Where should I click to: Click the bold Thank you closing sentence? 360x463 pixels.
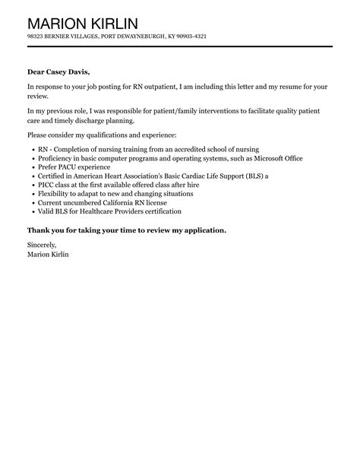click(x=126, y=230)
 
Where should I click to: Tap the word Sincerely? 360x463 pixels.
click(x=41, y=247)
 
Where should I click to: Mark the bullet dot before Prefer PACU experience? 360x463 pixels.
click(x=31, y=167)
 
